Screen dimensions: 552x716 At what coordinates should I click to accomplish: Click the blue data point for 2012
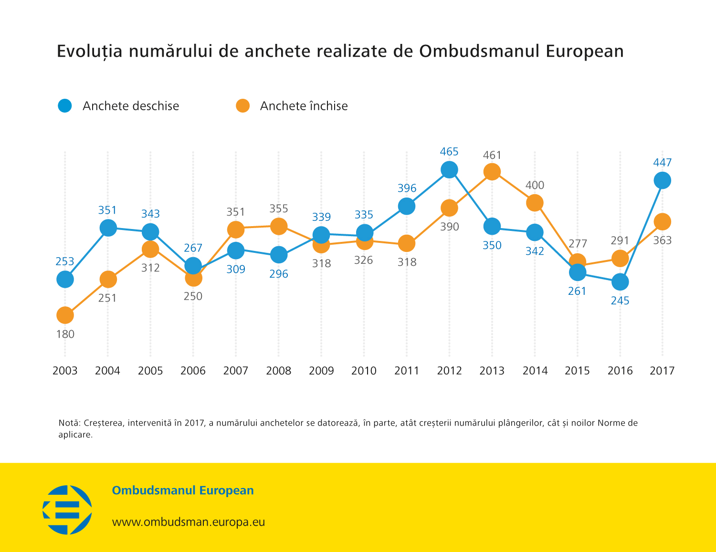pyautogui.click(x=449, y=169)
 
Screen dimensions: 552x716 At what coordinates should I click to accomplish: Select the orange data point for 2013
pyautogui.click(x=492, y=172)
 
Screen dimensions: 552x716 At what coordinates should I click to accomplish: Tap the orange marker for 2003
pyautogui.click(x=65, y=315)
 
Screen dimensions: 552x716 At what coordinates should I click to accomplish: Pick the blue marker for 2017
pyautogui.click(x=662, y=180)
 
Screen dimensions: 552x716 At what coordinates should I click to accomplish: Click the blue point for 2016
pyautogui.click(x=620, y=282)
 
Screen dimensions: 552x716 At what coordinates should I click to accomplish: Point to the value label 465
pyautogui.click(x=449, y=152)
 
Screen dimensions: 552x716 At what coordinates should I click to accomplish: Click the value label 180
pyautogui.click(x=65, y=334)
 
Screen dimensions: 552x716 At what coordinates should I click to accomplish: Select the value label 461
pyautogui.click(x=492, y=155)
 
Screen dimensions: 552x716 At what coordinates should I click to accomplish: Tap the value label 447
pyautogui.click(x=662, y=163)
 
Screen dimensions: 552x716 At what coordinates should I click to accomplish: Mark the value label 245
pyautogui.click(x=620, y=301)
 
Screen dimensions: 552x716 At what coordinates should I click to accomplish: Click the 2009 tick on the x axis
pyautogui.click(x=321, y=371)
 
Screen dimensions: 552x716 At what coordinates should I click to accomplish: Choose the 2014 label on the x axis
pyautogui.click(x=535, y=371)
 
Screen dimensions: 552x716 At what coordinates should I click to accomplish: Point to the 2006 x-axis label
pyautogui.click(x=193, y=371)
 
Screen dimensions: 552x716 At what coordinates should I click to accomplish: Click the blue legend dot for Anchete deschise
pyautogui.click(x=65, y=106)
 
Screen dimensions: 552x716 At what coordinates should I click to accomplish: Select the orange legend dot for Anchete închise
pyautogui.click(x=242, y=106)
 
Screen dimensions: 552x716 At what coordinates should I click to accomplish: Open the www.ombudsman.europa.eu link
pyautogui.click(x=188, y=522)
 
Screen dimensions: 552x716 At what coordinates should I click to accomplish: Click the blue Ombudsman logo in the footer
pyautogui.click(x=67, y=510)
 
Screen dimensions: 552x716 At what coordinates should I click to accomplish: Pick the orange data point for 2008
pyautogui.click(x=278, y=226)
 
